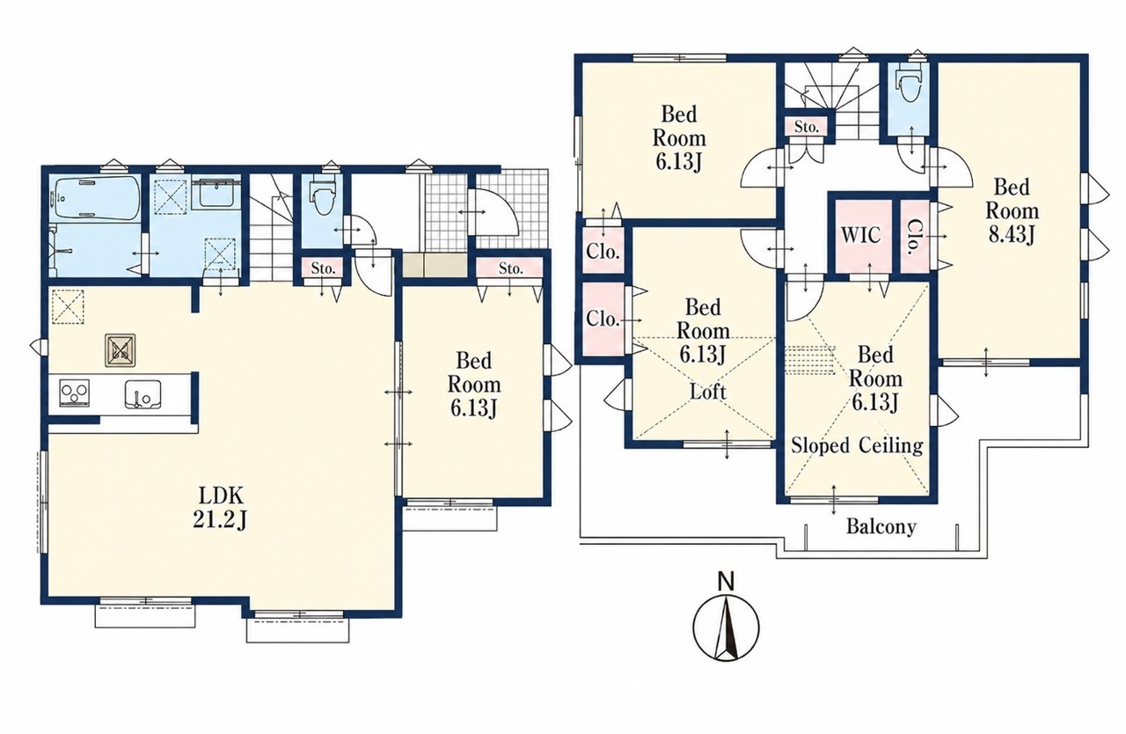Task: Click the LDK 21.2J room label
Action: click(x=221, y=509)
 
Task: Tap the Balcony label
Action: click(x=881, y=526)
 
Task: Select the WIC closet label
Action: click(x=861, y=235)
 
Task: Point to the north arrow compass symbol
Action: click(x=726, y=627)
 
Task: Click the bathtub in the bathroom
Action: click(x=96, y=197)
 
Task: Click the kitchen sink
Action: click(x=143, y=393)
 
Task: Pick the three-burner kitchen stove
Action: click(x=75, y=393)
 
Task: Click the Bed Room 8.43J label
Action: click(x=1012, y=211)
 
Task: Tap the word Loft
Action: click(x=708, y=392)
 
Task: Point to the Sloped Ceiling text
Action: click(x=857, y=445)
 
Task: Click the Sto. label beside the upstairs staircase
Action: click(x=807, y=127)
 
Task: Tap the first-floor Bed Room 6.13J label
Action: click(x=473, y=385)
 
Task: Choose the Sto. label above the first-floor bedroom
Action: click(x=511, y=268)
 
